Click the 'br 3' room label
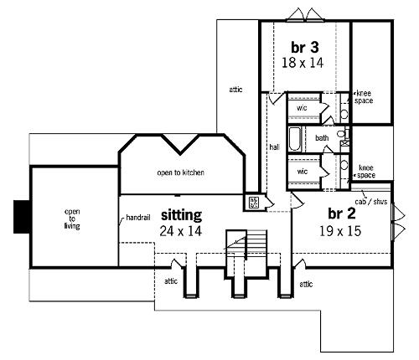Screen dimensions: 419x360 pyautogui.click(x=305, y=47)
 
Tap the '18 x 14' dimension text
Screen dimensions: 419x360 pyautogui.click(x=303, y=63)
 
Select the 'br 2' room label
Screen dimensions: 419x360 pyautogui.click(x=342, y=213)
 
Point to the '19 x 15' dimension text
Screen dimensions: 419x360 pyautogui.click(x=340, y=231)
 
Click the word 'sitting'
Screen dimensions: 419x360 pyautogui.click(x=181, y=215)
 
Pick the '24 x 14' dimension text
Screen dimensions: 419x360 pyautogui.click(x=181, y=231)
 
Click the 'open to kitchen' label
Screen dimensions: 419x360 pyautogui.click(x=180, y=172)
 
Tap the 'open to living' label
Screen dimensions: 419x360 pyautogui.click(x=72, y=219)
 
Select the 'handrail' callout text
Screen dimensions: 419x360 pyautogui.click(x=138, y=217)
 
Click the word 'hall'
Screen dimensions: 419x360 pyautogui.click(x=275, y=147)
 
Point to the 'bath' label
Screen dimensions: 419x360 pyautogui.click(x=322, y=137)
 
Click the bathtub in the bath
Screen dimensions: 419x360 pyautogui.click(x=295, y=139)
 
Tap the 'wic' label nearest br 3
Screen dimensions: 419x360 pyautogui.click(x=302, y=108)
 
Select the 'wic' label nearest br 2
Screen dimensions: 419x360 pyautogui.click(x=303, y=171)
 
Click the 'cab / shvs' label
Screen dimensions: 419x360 pyautogui.click(x=371, y=201)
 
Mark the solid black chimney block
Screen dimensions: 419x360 pyautogui.click(x=23, y=217)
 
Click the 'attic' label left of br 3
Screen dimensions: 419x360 pyautogui.click(x=235, y=90)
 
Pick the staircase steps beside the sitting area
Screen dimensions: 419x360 pyautogui.click(x=256, y=242)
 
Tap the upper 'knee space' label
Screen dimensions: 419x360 pyautogui.click(x=364, y=97)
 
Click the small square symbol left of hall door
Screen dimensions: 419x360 pyautogui.click(x=254, y=202)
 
